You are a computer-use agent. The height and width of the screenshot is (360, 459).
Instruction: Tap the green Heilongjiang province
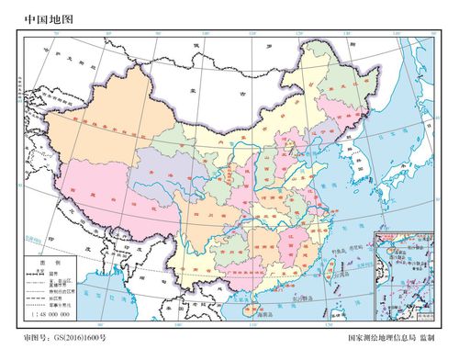pyautogui.click(x=330, y=78)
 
